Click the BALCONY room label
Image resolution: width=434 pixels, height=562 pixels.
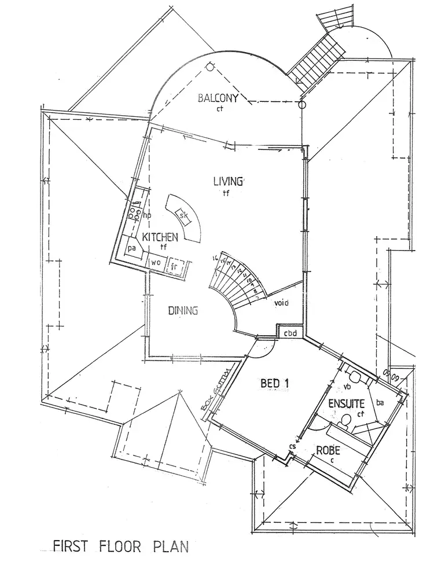coord(218,98)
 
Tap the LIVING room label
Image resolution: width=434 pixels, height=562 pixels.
coord(229,182)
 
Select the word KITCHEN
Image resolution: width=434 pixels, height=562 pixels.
coord(156,237)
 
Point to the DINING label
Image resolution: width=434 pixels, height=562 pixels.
coord(183,311)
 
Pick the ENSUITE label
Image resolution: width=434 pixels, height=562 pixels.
coord(346,403)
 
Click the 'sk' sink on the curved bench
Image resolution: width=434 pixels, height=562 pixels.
coord(183,216)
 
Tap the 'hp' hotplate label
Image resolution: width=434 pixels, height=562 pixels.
coord(146,215)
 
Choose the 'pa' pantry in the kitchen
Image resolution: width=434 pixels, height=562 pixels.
coord(133,248)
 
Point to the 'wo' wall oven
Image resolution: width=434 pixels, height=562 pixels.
coord(156,262)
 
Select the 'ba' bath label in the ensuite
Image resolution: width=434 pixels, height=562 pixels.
coord(380,402)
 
